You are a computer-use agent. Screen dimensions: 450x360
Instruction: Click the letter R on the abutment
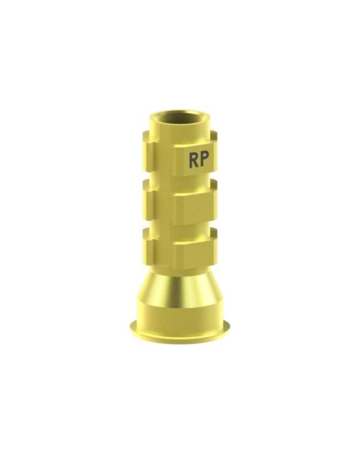194,160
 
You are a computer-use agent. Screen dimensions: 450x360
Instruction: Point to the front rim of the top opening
180,125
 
